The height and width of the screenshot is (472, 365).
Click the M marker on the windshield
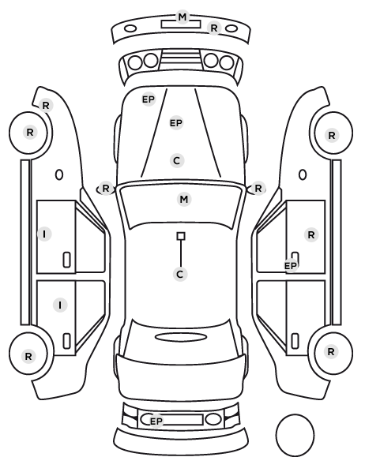click(184, 199)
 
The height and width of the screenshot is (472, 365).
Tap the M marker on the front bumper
click(182, 17)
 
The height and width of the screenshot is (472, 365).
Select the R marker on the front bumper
click(213, 28)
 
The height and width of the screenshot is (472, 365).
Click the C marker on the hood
click(177, 160)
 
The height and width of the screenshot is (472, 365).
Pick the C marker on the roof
click(180, 274)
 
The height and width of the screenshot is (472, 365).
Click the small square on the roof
click(181, 236)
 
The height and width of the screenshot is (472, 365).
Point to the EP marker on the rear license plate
click(156, 421)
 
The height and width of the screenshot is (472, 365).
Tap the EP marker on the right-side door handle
click(291, 266)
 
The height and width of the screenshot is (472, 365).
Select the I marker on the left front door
click(44, 234)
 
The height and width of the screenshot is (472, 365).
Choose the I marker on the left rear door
click(60, 305)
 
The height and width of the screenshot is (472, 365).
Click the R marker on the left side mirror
click(106, 189)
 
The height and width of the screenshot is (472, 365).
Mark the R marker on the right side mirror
click(258, 189)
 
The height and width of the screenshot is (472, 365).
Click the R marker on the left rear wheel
click(28, 357)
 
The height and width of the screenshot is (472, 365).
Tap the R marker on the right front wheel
click(332, 135)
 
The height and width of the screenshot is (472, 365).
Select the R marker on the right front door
click(311, 234)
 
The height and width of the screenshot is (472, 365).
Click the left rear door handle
click(66, 341)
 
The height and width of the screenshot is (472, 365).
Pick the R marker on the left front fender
click(46, 106)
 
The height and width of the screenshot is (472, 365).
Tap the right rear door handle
click(295, 341)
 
